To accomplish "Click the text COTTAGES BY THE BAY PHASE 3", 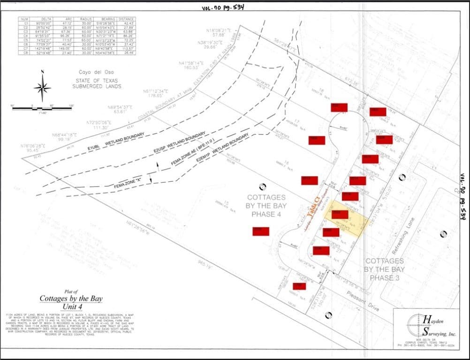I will [x=385, y=269].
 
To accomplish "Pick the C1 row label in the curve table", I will [x=27, y=23].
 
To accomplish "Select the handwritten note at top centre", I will [x=223, y=7].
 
